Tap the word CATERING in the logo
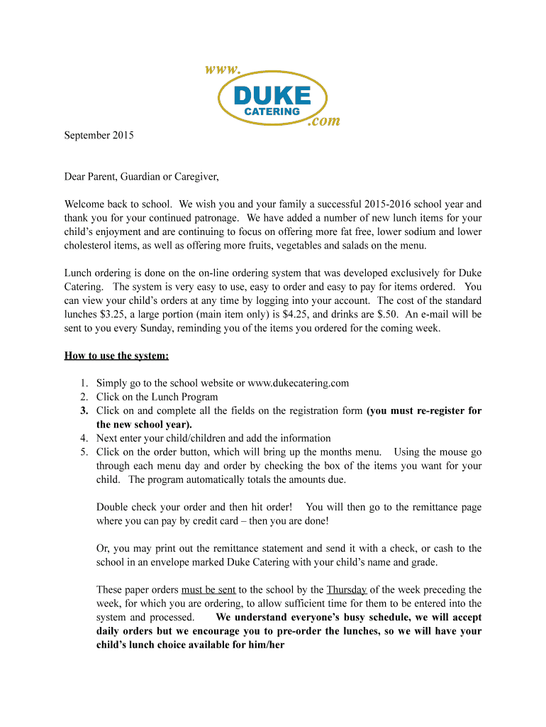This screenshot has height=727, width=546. tap(272, 112)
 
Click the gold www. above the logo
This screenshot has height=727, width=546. tap(223, 70)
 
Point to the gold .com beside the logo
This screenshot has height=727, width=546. tap(323, 121)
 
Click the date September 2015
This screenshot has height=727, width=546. tap(98, 135)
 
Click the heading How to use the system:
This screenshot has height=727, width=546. tap(116, 356)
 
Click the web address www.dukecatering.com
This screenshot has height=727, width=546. tap(298, 383)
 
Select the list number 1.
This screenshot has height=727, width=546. tap(83, 383)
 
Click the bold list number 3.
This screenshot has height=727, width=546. tap(83, 411)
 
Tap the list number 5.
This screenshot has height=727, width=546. tap(83, 452)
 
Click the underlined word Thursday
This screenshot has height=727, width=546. tap(347, 590)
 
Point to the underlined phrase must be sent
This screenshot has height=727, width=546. tap(208, 590)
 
